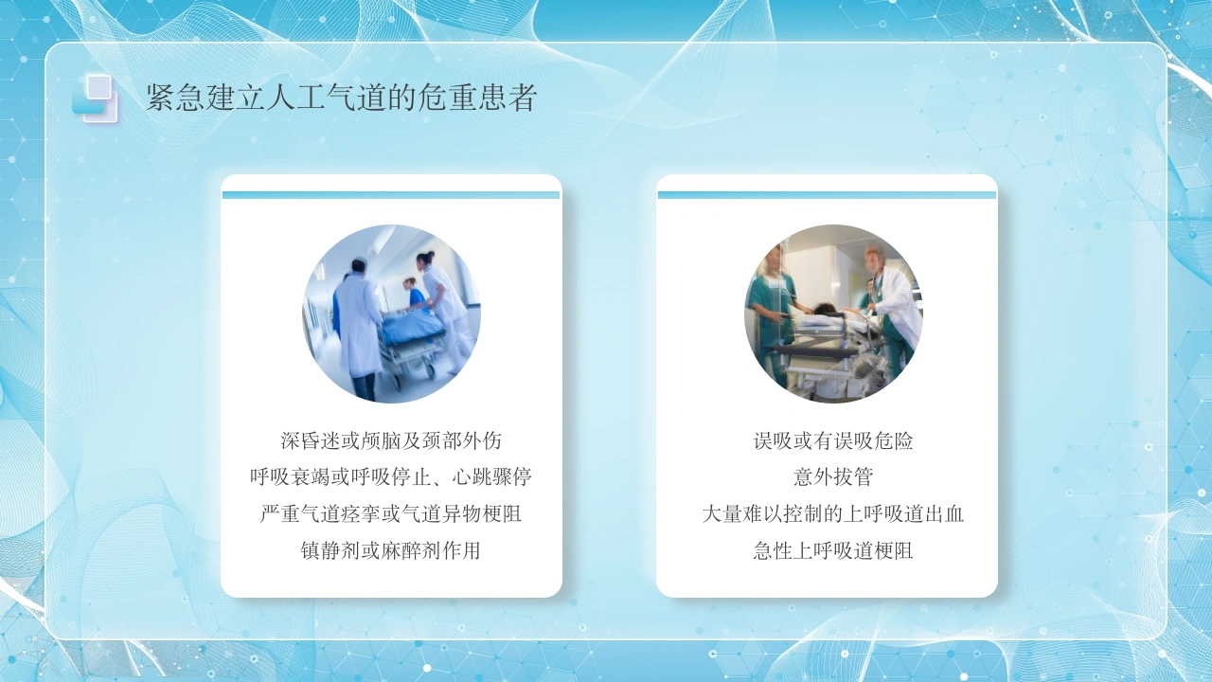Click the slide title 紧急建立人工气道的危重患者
(x=342, y=98)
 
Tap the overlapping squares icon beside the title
(x=95, y=98)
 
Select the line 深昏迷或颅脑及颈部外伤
(x=391, y=440)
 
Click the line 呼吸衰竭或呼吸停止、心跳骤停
(x=391, y=476)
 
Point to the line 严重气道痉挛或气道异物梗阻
(x=391, y=513)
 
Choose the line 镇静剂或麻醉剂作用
(x=391, y=550)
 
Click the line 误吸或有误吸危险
(x=833, y=440)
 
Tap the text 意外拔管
(x=833, y=476)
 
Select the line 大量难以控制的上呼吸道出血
(x=833, y=513)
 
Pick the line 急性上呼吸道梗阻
(x=833, y=550)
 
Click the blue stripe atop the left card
(x=391, y=195)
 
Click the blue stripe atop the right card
(x=827, y=195)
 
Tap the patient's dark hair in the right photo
(x=824, y=309)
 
